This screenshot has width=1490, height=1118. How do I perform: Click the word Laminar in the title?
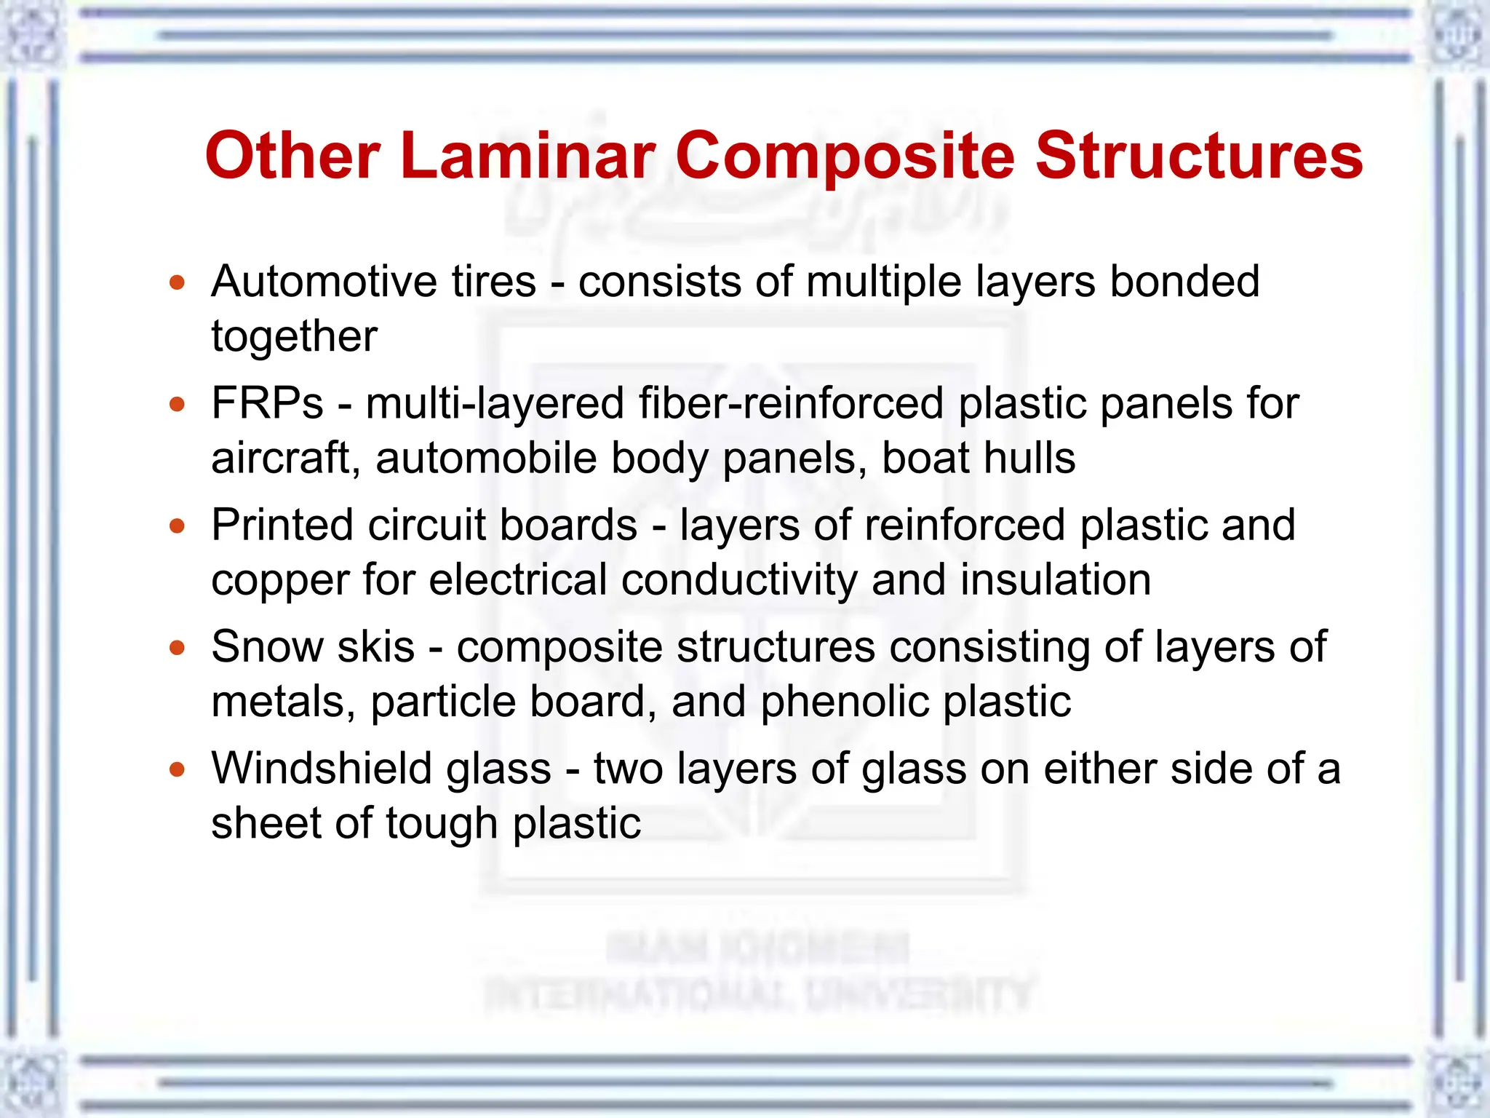tap(528, 156)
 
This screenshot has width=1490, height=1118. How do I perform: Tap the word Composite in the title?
tap(845, 157)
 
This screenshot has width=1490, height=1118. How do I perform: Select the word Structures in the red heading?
tap(1198, 156)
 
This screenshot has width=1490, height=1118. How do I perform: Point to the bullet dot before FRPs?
tap(178, 404)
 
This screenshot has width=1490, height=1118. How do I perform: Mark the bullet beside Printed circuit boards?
tap(178, 526)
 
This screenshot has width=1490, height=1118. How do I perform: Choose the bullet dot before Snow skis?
tap(178, 647)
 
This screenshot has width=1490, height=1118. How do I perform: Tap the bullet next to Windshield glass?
tap(178, 769)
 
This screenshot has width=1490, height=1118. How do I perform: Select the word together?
tap(294, 337)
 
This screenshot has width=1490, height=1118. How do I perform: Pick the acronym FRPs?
tap(267, 404)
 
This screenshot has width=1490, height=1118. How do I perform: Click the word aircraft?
tap(281, 459)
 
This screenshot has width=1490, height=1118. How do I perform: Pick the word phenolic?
tap(844, 702)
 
